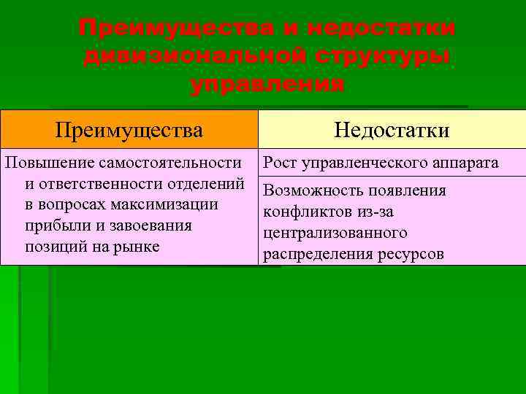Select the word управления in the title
point(267,84)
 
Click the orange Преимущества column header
point(129,130)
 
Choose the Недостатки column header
point(392,130)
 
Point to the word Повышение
point(49,162)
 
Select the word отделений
point(209,183)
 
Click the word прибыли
point(55,225)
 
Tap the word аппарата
point(462,162)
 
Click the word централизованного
point(335,233)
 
